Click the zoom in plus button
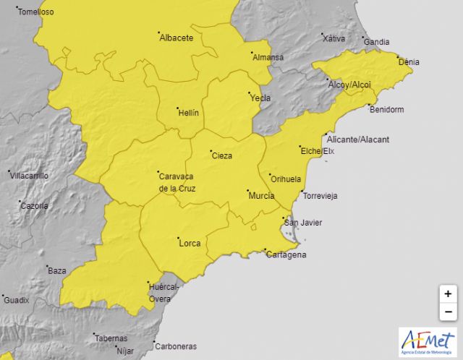(x=449, y=294)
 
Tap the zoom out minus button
(x=449, y=312)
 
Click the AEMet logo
(x=428, y=341)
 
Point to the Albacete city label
(x=177, y=38)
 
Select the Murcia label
(x=261, y=196)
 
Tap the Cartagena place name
(x=286, y=254)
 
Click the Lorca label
(x=190, y=244)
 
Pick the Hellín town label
(x=188, y=112)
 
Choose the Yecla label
(x=260, y=98)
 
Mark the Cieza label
(x=222, y=155)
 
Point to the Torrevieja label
(x=320, y=196)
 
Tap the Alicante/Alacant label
(x=358, y=139)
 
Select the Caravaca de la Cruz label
(x=177, y=181)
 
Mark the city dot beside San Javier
(x=282, y=218)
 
